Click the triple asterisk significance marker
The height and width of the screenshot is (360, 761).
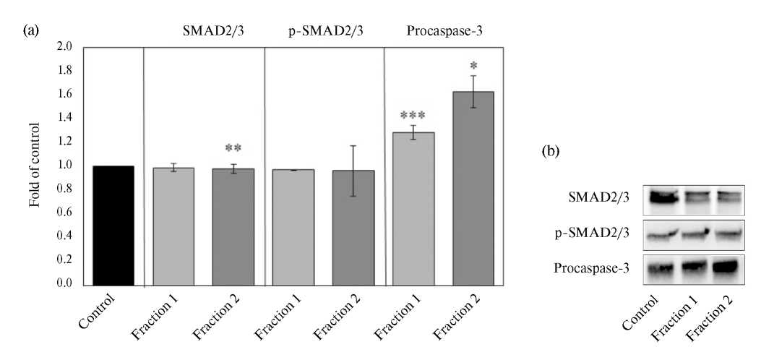413,115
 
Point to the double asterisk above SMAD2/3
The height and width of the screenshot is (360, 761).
233,148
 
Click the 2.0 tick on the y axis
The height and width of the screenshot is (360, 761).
64,47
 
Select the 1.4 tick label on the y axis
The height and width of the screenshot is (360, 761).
64,118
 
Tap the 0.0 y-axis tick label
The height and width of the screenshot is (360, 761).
64,284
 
